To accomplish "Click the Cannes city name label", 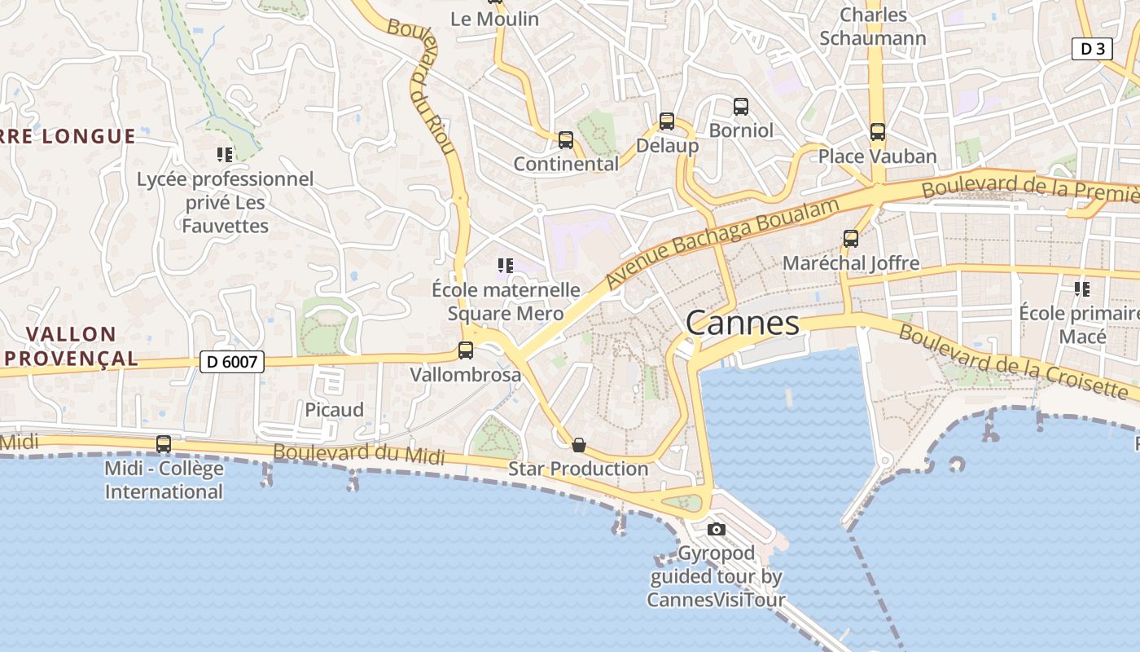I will [742, 323].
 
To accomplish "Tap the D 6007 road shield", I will [232, 361].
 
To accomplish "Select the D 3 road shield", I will [1091, 49].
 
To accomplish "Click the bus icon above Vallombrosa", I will [466, 350].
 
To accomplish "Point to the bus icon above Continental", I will [566, 140].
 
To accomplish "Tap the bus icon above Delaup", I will [667, 121].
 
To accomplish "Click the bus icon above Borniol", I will [741, 106].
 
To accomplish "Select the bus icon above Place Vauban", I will [877, 131].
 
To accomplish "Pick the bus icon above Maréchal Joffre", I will [851, 239].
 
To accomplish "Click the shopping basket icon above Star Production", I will [579, 444].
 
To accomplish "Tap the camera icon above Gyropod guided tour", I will [717, 529].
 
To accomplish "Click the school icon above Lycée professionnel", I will [225, 154].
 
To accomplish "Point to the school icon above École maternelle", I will [505, 265].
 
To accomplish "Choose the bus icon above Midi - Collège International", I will [164, 444].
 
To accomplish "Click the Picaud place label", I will [334, 410].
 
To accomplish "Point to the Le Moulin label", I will [494, 19].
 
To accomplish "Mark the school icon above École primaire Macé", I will [1082, 289].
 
